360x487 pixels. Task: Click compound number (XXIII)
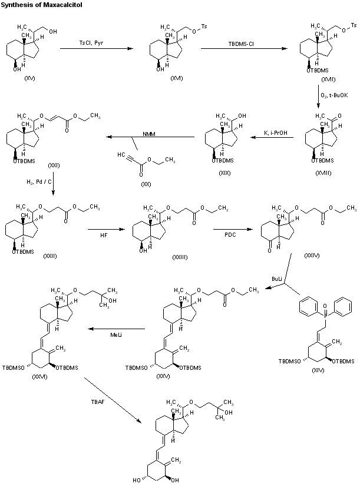coord(180,257)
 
